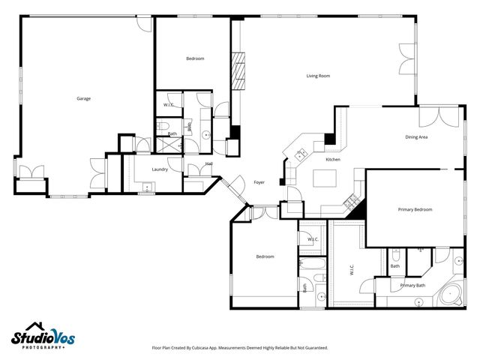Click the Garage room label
coord(83,98)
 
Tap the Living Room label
coord(319,76)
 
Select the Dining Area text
coord(416,137)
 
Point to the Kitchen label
coord(333,160)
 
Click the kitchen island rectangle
coord(323,178)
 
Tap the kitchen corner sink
coord(301,154)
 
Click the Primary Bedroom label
coord(415,209)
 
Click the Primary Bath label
coord(412,285)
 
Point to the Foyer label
coord(259,182)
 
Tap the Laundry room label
coord(160,169)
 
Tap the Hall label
coord(209,163)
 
